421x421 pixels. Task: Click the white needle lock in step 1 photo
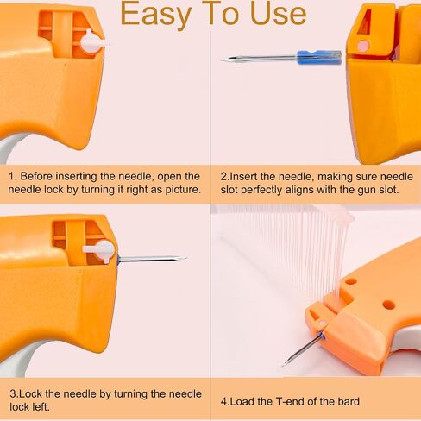tap(92, 43)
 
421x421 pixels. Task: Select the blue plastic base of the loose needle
tap(319, 57)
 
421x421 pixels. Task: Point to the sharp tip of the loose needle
tap(222, 60)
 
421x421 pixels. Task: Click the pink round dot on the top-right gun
tap(363, 45)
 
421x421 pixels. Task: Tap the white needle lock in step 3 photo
tap(101, 250)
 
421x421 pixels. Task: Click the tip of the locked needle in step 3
tap(186, 258)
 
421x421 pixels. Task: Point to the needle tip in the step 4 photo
tap(283, 365)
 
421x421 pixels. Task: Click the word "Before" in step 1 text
tap(36, 176)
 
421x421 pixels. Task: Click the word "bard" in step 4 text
tap(349, 401)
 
